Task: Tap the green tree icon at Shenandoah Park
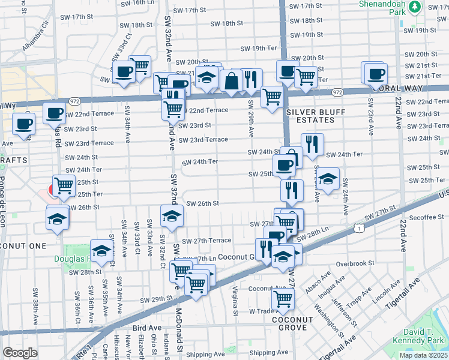tap(415, 7)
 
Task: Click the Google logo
tap(20, 353)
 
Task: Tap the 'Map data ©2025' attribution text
tap(424, 355)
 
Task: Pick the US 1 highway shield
tap(358, 228)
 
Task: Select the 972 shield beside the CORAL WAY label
tap(337, 92)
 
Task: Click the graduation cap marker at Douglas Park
tap(101, 252)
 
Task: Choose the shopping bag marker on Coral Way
tap(231, 80)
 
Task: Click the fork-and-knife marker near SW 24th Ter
tap(312, 144)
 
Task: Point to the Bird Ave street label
tap(147, 328)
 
